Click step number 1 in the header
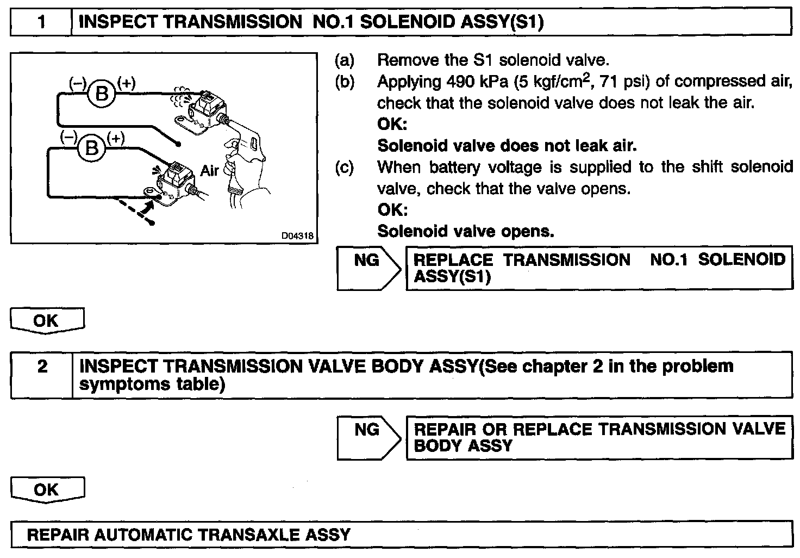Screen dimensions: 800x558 [41, 22]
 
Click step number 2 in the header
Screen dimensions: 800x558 [42, 367]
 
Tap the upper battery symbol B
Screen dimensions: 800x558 [102, 94]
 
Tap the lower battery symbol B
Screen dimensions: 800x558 [92, 147]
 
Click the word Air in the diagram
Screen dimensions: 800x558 [209, 170]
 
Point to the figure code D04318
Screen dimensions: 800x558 [297, 236]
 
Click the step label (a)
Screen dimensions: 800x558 [344, 60]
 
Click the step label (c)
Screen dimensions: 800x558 [344, 168]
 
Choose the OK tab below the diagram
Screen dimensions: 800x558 [47, 320]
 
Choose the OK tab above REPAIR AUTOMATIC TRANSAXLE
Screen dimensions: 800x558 [47, 489]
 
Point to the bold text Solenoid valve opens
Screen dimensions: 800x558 [466, 232]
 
